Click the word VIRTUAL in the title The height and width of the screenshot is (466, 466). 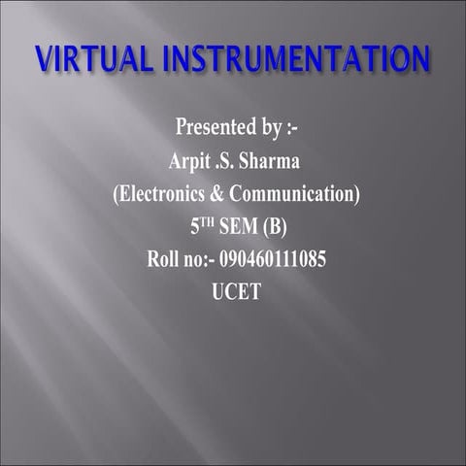(89, 57)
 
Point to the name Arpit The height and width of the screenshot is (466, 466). (191, 161)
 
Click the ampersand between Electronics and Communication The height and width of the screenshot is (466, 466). (220, 194)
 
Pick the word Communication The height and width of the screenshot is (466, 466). (295, 194)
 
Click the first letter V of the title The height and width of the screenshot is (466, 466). (42, 57)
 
